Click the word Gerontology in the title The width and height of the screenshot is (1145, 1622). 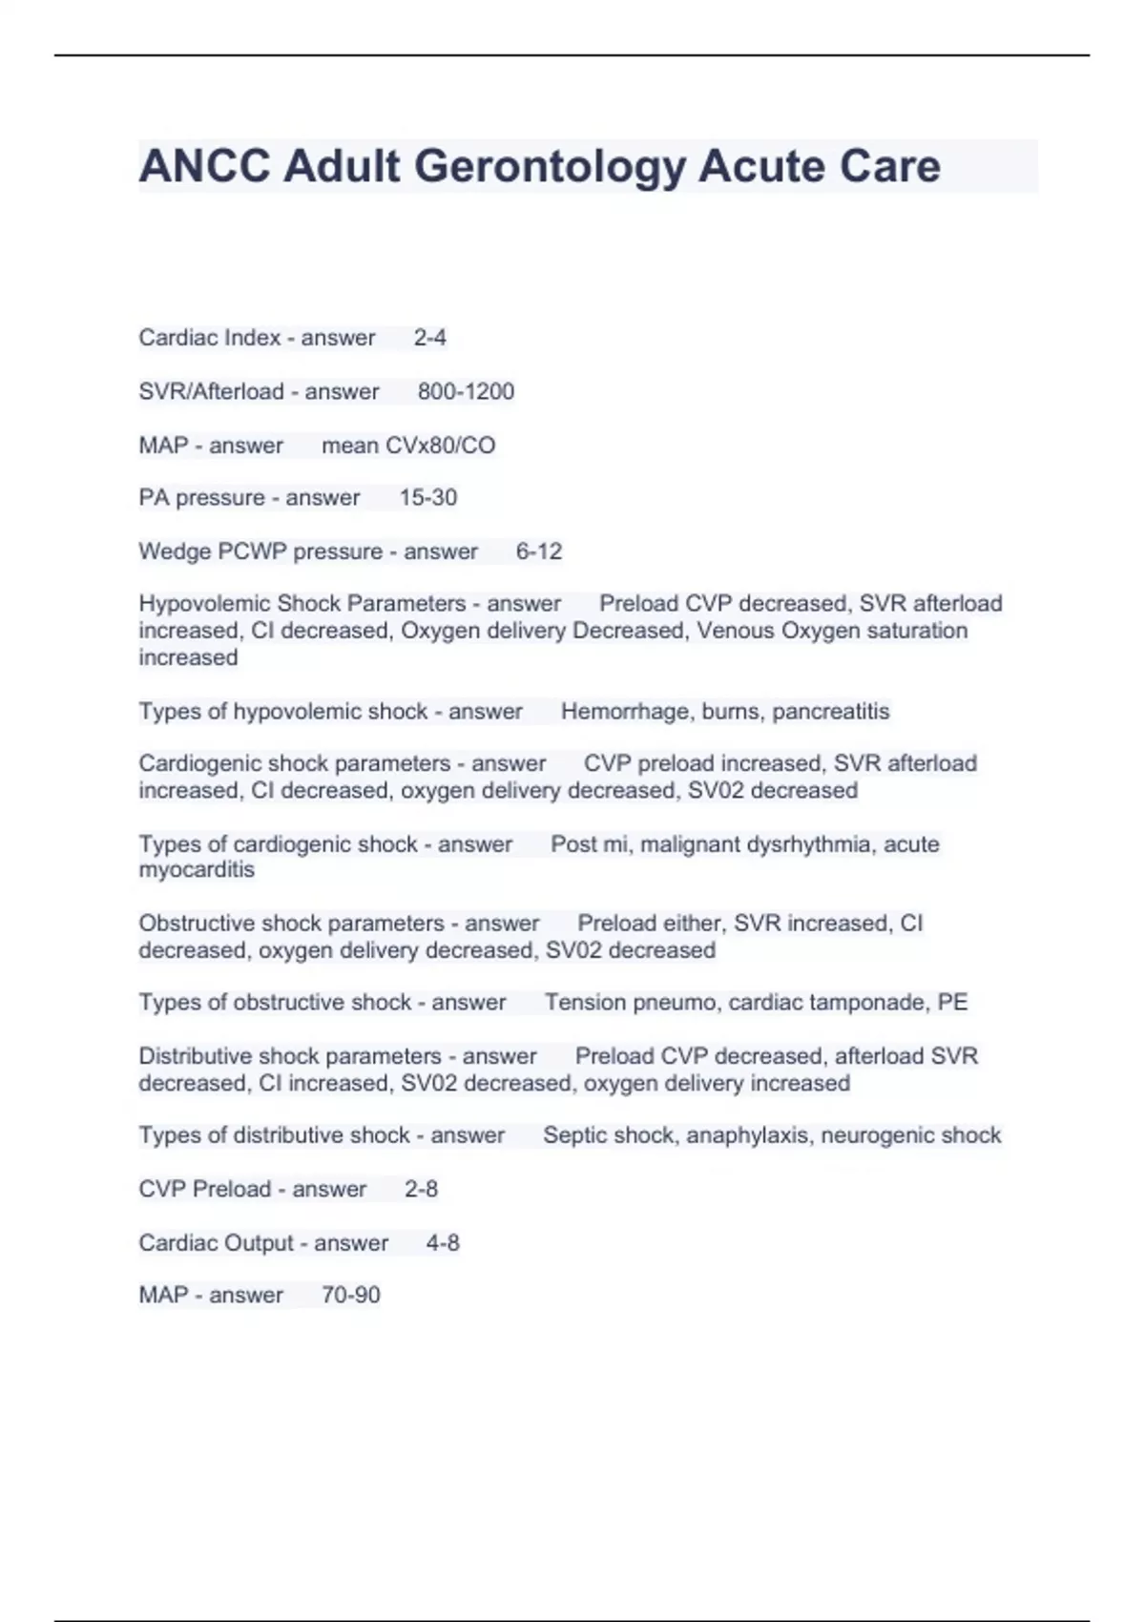pyautogui.click(x=549, y=166)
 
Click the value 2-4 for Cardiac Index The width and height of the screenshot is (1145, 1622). pyautogui.click(x=429, y=338)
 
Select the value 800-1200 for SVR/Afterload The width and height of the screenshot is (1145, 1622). pyautogui.click(x=466, y=391)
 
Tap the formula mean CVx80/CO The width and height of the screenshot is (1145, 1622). pyautogui.click(x=408, y=446)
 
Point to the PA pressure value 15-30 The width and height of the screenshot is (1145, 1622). pyautogui.click(x=427, y=498)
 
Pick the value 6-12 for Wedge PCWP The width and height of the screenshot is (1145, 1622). pyautogui.click(x=538, y=551)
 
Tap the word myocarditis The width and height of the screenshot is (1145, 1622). pyautogui.click(x=197, y=870)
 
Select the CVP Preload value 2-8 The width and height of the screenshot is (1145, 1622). pyautogui.click(x=421, y=1189)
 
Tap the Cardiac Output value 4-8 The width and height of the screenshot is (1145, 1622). pyautogui.click(x=443, y=1243)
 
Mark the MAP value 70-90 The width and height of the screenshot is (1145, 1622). pyautogui.click(x=350, y=1295)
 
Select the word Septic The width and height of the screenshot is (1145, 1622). pyautogui.click(x=572, y=1135)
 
